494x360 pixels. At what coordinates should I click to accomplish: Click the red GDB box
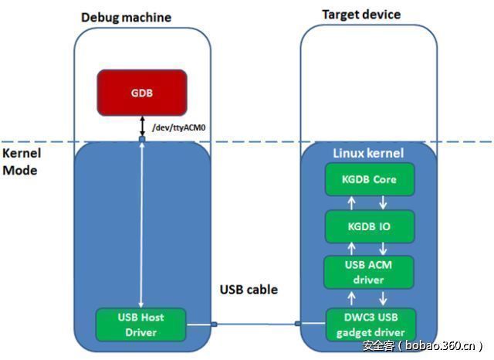141,91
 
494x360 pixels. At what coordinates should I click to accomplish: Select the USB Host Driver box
141,324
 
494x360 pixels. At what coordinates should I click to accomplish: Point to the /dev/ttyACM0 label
179,127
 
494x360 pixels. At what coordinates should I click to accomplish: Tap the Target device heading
361,15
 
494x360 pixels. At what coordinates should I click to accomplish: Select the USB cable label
249,290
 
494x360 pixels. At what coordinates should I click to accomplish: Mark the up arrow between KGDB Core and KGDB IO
354,202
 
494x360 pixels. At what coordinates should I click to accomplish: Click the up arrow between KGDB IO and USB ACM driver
354,249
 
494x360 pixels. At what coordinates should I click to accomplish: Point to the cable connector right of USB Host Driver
212,324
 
